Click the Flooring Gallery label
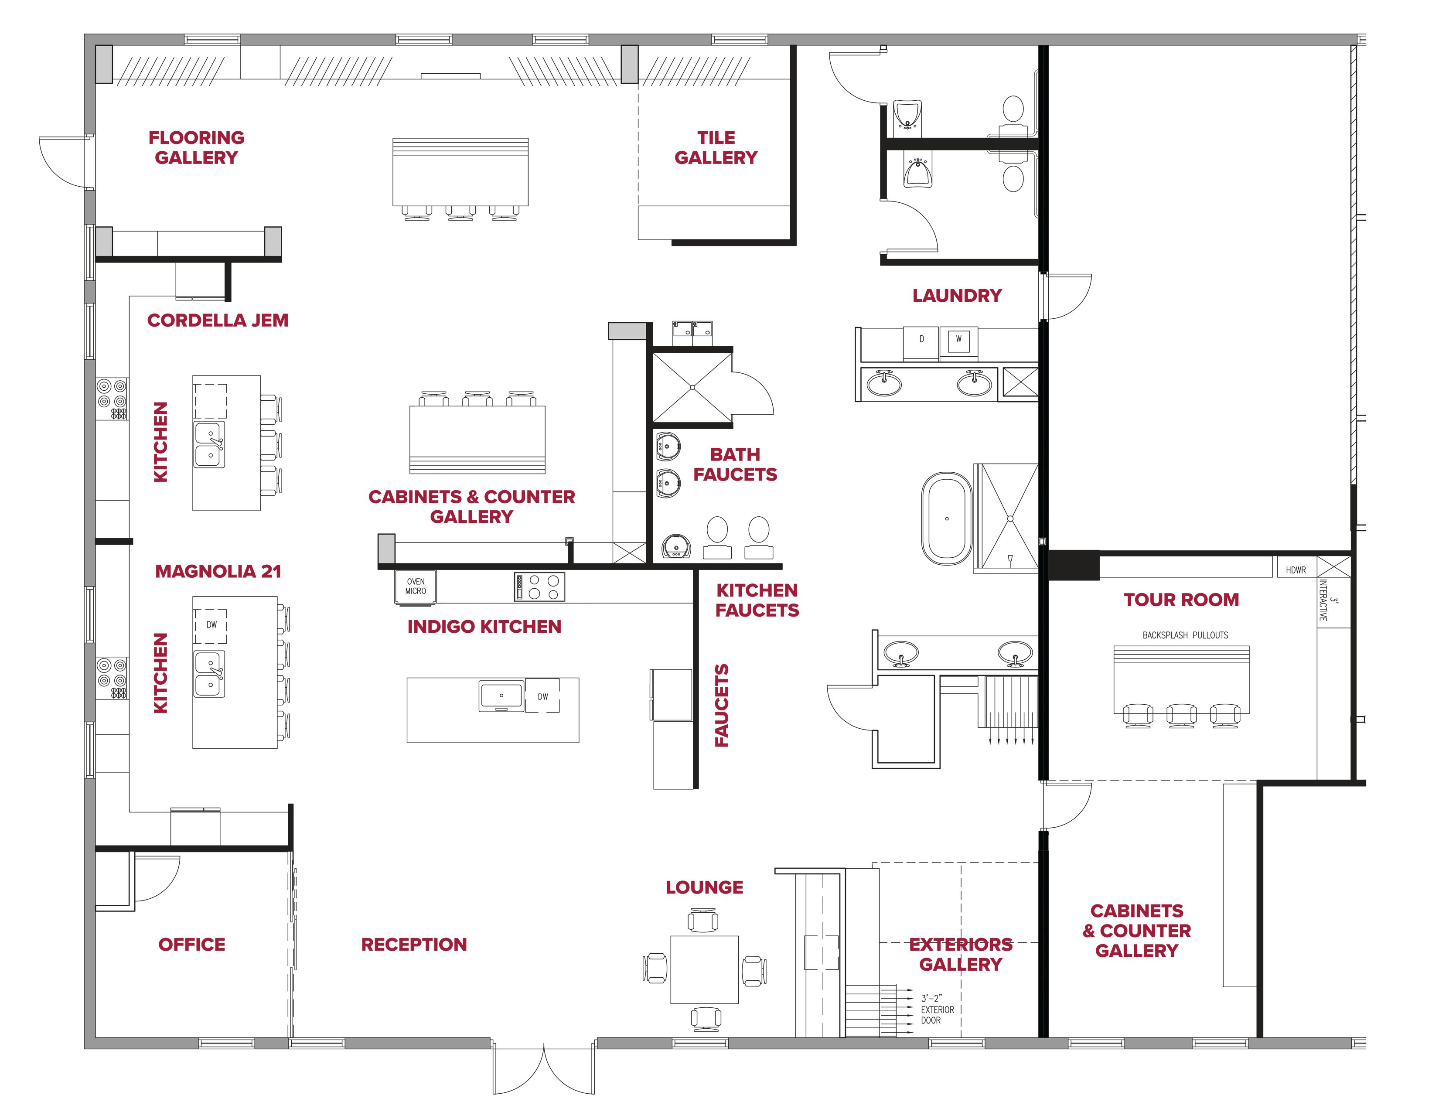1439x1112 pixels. click(196, 147)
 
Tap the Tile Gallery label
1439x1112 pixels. click(716, 147)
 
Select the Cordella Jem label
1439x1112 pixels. click(218, 320)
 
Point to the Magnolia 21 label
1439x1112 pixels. click(218, 571)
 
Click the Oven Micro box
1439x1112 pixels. click(416, 586)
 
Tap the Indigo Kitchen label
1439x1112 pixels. click(484, 627)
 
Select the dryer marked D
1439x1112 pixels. click(921, 343)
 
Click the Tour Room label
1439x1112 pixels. click(1181, 600)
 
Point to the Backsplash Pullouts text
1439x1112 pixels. click(1185, 635)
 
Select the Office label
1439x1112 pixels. click(192, 945)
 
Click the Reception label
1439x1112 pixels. click(414, 945)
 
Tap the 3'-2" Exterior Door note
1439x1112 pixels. click(938, 1009)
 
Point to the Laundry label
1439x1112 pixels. click(957, 296)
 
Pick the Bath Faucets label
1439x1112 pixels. click(735, 464)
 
